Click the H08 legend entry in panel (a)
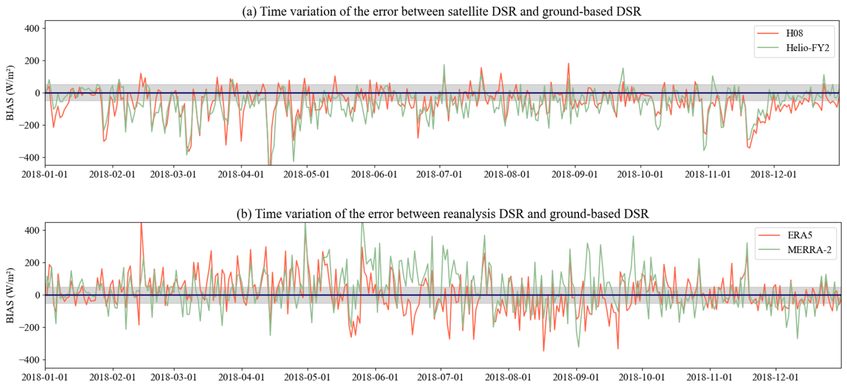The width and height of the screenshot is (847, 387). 794,33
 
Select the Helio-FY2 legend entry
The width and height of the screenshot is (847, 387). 807,48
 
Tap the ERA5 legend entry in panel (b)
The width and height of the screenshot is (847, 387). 800,235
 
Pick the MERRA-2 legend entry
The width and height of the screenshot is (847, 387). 809,250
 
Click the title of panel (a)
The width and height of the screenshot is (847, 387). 441,11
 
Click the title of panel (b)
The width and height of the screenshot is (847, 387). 442,214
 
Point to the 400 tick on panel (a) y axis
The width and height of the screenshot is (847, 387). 32,29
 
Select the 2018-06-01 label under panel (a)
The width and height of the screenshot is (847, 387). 374,174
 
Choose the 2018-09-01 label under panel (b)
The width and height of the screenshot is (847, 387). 576,377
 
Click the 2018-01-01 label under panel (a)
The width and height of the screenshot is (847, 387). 45,174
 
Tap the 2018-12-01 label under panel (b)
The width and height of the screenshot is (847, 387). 775,377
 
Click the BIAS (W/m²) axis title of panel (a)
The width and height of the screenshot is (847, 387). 10,93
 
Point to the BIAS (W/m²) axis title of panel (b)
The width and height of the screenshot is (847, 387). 10,295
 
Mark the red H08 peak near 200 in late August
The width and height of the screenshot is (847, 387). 568,64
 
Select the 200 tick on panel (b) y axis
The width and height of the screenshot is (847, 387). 32,263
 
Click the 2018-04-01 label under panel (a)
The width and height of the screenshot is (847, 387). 241,174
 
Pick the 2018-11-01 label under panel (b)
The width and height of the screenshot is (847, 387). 709,377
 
